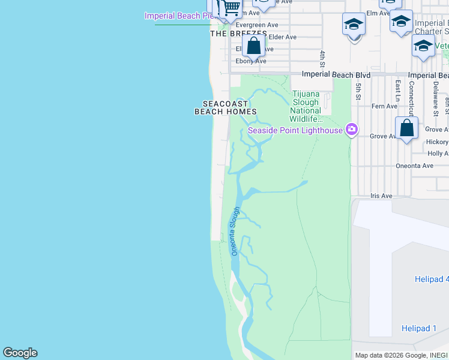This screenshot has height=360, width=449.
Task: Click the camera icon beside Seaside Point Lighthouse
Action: click(352, 130)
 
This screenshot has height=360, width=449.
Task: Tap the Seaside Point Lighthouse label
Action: click(295, 130)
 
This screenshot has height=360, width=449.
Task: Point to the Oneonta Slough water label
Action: click(235, 232)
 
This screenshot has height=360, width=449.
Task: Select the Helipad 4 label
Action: click(431, 279)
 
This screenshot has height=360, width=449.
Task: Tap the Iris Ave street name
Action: click(381, 196)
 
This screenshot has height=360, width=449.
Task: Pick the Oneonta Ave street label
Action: click(414, 166)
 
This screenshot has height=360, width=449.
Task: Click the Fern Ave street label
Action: click(384, 106)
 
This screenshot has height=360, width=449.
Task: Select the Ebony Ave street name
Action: click(251, 61)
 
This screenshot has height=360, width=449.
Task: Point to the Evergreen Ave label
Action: click(257, 25)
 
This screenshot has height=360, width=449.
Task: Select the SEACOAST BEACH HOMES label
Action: click(226, 108)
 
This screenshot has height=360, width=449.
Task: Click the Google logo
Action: click(20, 353)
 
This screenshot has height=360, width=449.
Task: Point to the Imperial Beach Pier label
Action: click(179, 16)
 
